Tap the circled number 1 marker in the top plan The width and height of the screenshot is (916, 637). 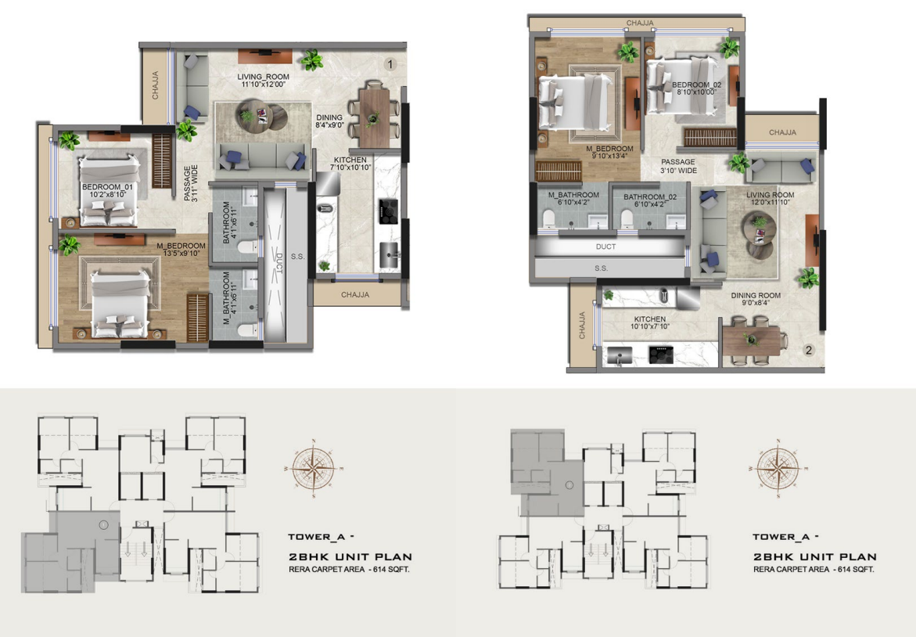[390, 64]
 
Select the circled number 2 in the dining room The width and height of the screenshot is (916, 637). [809, 350]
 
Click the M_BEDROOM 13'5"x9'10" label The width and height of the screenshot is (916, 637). [181, 250]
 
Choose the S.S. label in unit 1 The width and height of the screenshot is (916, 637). [298, 257]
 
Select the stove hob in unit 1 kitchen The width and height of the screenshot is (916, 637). [388, 211]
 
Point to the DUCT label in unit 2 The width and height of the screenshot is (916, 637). [605, 247]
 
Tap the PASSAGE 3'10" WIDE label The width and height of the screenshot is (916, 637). [678, 166]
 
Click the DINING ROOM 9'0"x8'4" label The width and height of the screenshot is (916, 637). [756, 299]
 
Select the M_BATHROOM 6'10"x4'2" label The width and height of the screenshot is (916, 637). [573, 199]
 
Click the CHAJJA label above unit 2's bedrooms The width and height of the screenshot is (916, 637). [640, 23]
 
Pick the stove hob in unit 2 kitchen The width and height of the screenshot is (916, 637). [661, 354]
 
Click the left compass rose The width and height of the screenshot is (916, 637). [314, 469]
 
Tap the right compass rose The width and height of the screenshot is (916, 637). [778, 469]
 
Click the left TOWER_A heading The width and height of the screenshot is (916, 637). [321, 537]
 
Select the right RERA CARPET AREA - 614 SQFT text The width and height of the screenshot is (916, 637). [814, 569]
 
